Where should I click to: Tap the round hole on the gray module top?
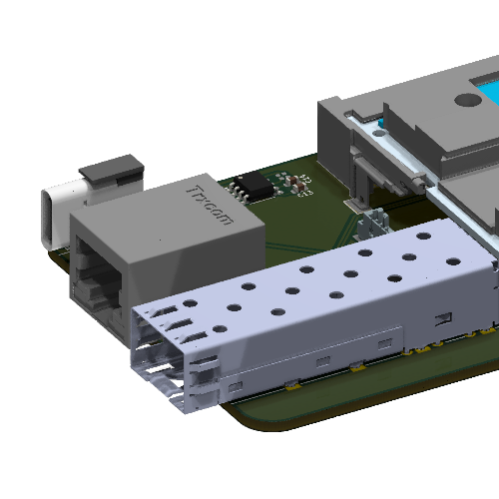click(x=466, y=100)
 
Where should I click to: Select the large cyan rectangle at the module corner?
click(x=488, y=94)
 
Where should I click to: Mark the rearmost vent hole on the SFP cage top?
click(x=424, y=238)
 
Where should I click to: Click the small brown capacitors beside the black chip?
click(x=295, y=184)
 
